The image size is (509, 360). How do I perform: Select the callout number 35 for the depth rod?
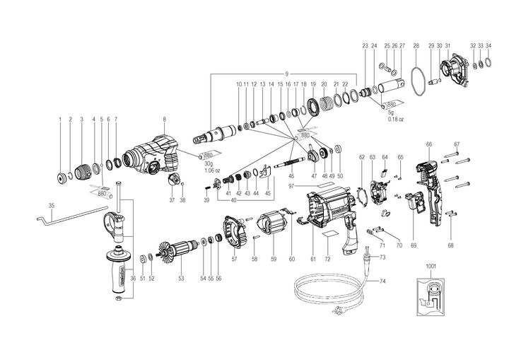point(51,205)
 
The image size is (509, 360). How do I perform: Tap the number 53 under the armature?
point(181,279)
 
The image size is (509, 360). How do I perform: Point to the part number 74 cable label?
point(382,281)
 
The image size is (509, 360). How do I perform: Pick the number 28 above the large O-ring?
point(416,45)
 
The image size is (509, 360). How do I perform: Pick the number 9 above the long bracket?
point(287,74)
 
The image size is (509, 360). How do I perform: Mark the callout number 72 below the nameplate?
point(327,260)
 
